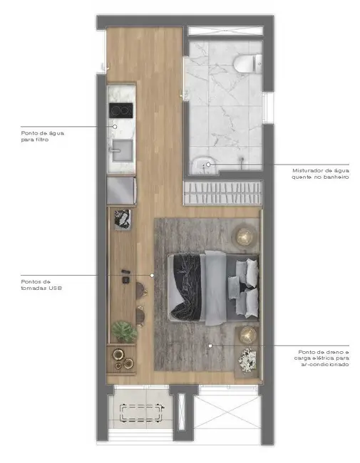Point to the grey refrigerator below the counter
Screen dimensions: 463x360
(121, 191)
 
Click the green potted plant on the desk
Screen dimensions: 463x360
(125, 331)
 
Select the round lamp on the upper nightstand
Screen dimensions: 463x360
(245, 234)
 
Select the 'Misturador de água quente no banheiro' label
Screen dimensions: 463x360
(320, 174)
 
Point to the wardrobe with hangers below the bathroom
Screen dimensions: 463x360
(222, 192)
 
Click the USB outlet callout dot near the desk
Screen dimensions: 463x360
(152, 276)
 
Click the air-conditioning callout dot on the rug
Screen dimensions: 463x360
(210, 346)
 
